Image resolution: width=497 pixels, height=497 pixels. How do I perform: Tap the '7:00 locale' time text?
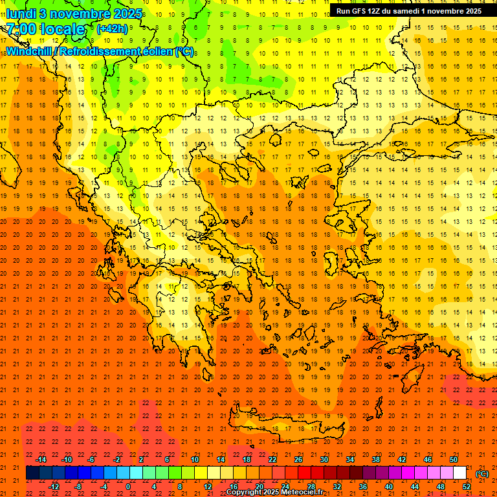coord(45,29)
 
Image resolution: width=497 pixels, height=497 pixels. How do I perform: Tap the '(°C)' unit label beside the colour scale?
coord(482,474)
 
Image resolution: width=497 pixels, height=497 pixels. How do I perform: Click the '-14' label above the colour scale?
coord(41,459)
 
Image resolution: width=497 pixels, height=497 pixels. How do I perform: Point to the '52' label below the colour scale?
coord(467,487)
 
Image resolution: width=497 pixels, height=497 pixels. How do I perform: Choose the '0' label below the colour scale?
coord(129,487)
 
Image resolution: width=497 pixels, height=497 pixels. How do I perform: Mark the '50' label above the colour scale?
coord(453,459)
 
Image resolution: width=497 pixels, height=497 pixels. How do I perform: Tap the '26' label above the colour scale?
coord(298,459)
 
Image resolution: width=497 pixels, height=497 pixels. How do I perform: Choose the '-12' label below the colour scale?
coord(54,487)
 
